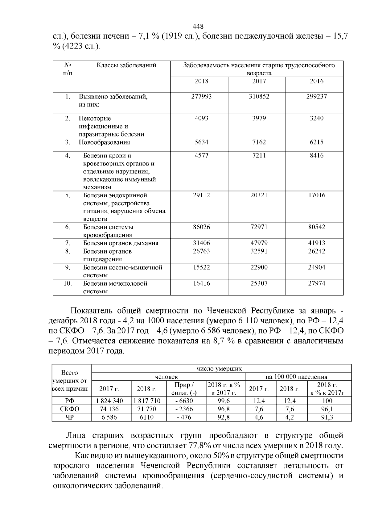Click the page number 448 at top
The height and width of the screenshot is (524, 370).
pyautogui.click(x=198, y=27)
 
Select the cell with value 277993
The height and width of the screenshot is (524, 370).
pyautogui.click(x=202, y=97)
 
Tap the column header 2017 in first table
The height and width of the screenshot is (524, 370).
pyautogui.click(x=259, y=81)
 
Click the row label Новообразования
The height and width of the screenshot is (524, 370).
pyautogui.click(x=104, y=142)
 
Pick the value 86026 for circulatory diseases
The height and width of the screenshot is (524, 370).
pyautogui.click(x=202, y=227)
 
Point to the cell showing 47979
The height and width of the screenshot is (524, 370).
pyautogui.click(x=259, y=243)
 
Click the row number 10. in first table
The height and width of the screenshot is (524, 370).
pyautogui.click(x=68, y=283)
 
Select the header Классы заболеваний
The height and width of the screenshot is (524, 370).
pyautogui.click(x=126, y=65)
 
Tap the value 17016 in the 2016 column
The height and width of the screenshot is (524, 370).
pyautogui.click(x=317, y=195)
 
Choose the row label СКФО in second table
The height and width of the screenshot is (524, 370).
pyautogui.click(x=70, y=409)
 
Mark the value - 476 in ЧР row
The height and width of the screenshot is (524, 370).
pyautogui.click(x=184, y=417)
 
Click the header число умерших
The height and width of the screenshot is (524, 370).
pyautogui.click(x=219, y=368)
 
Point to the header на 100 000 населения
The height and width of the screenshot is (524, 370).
pyautogui.click(x=296, y=377)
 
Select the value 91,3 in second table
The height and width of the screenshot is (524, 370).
pyautogui.click(x=327, y=417)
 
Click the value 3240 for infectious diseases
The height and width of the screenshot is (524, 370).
pyautogui.click(x=317, y=118)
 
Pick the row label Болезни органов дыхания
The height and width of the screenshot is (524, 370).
pyautogui.click(x=121, y=243)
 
